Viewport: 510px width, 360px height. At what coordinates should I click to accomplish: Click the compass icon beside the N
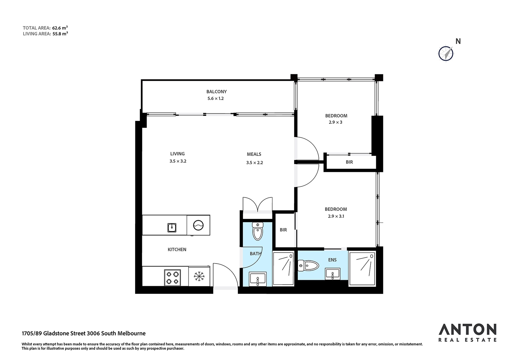(446, 54)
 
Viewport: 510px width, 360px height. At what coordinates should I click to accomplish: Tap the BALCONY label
(216, 91)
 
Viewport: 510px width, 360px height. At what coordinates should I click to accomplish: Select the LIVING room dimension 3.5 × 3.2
(178, 161)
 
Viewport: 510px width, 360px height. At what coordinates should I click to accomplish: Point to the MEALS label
(254, 154)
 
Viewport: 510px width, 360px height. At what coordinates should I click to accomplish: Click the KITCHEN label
(177, 249)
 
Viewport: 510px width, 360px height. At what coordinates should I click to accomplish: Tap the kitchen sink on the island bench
(172, 228)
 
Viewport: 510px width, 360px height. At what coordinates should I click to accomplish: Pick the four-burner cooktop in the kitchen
(172, 278)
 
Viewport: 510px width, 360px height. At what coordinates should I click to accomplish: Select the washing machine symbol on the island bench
(198, 225)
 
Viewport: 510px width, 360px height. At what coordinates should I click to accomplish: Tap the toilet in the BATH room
(258, 231)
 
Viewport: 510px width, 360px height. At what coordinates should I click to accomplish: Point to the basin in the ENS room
(333, 274)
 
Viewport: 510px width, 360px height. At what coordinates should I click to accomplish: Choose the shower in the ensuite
(362, 268)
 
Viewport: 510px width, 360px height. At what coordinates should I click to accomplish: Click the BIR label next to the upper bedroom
(349, 162)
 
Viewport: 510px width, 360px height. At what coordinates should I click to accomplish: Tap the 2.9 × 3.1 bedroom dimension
(336, 216)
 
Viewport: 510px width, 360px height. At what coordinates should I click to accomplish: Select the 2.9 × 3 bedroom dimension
(336, 122)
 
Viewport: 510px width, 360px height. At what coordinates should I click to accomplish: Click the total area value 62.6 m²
(60, 28)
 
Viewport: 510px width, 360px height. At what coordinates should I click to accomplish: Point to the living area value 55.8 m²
(60, 34)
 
